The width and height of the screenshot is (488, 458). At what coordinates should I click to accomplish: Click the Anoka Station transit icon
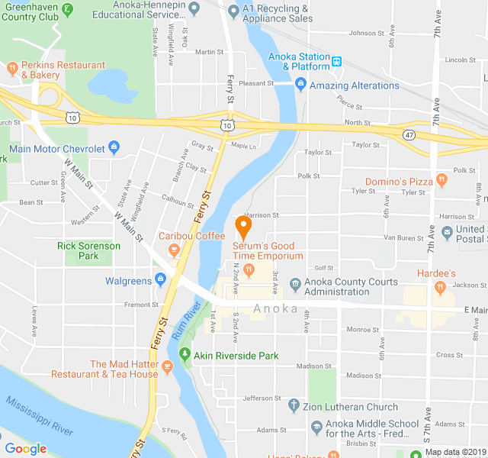(x=336, y=59)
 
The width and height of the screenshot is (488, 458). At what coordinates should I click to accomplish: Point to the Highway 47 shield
(x=409, y=134)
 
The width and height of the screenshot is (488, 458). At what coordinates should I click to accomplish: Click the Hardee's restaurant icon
(x=439, y=287)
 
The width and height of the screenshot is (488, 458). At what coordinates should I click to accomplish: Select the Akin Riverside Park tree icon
(x=184, y=355)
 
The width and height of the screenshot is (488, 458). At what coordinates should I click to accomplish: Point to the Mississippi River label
(x=38, y=416)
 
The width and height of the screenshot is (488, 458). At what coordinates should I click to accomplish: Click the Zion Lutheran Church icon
(x=294, y=407)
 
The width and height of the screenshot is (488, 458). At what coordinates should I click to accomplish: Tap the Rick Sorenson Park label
(x=88, y=250)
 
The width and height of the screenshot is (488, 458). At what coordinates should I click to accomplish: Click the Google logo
(x=25, y=448)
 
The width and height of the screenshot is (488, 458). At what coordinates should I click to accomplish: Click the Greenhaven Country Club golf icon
(x=67, y=9)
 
